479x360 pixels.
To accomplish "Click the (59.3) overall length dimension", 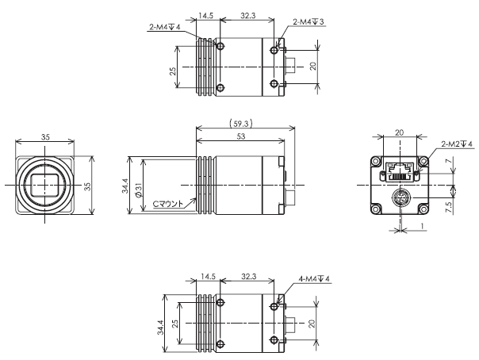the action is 241,124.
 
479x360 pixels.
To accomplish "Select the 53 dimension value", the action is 241,136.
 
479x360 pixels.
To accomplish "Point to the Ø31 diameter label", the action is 138,190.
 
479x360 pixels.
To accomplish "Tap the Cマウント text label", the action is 167,204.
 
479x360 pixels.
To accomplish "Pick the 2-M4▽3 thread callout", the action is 308,21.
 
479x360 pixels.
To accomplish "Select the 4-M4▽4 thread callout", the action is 314,279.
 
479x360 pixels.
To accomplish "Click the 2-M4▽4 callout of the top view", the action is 165,27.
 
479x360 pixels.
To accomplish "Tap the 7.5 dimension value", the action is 448,207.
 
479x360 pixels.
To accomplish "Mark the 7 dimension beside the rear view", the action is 448,161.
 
